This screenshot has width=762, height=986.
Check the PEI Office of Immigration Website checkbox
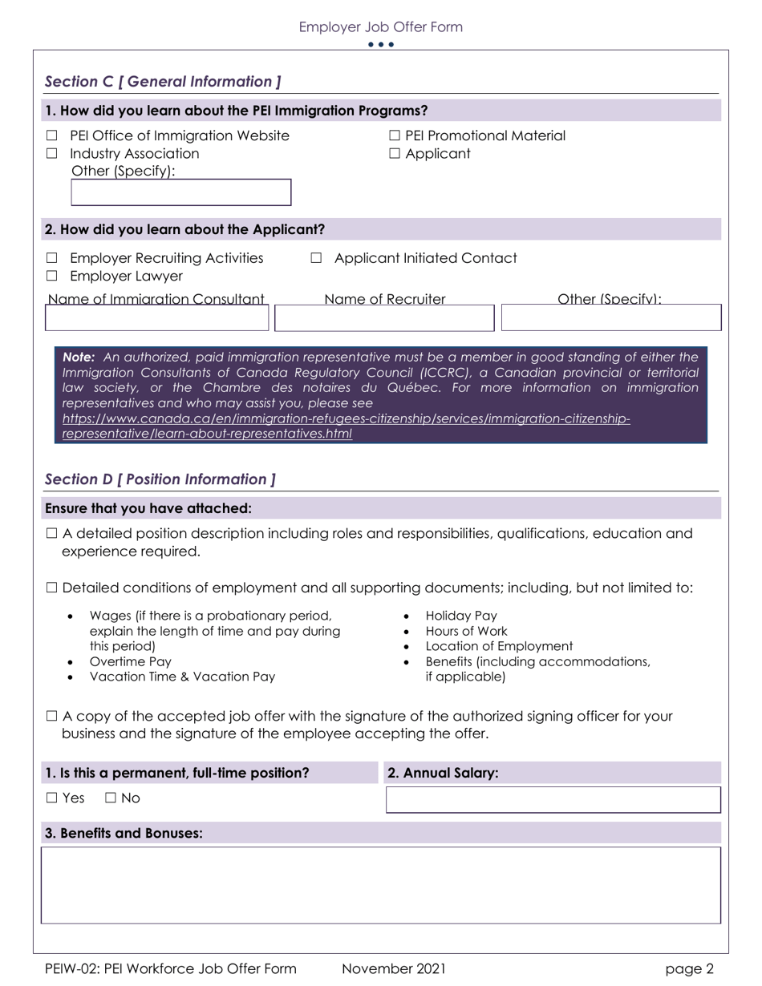[52, 136]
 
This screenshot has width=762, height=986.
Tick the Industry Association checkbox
[52, 154]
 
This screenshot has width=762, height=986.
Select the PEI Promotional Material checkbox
[395, 136]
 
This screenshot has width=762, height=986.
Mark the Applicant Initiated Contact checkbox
[316, 258]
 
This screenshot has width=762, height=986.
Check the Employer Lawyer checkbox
[52, 277]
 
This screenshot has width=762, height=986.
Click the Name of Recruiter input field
[395, 318]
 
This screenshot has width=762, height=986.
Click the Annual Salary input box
[553, 800]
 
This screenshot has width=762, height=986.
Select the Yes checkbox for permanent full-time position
[52, 798]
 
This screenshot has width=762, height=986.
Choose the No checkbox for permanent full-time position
[111, 798]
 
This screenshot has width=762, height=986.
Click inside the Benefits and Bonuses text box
[381, 885]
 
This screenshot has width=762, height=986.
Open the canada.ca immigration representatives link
[346, 419]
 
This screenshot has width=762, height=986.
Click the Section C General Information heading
[163, 82]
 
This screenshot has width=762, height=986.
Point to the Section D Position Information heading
[160, 479]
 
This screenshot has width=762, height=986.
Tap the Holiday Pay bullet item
[461, 616]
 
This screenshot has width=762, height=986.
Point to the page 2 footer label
[689, 968]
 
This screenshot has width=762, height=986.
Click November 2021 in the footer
[393, 968]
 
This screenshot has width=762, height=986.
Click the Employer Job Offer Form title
[380, 27]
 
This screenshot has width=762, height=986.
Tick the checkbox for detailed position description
[52, 534]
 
